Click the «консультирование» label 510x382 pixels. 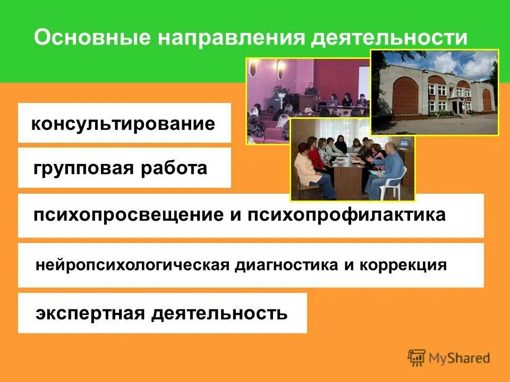pos(123,124)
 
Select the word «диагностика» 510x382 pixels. pos(285,264)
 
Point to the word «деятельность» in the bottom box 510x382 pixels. pos(219,313)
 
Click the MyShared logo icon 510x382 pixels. pos(417,358)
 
